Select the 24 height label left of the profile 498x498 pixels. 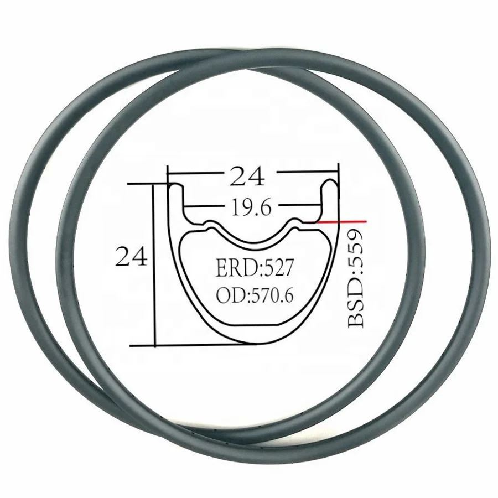[131, 257]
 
